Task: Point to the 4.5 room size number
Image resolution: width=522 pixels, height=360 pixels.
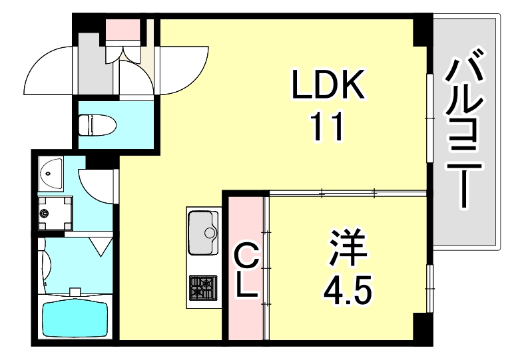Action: click(x=346, y=287)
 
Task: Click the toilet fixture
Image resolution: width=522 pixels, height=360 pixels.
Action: click(x=97, y=124)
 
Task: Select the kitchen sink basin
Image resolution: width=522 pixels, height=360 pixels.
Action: click(x=204, y=232)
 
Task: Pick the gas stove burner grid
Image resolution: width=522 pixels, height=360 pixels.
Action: click(x=202, y=287)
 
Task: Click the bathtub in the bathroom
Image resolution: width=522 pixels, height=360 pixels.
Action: click(x=74, y=317)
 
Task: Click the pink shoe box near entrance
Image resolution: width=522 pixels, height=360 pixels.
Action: click(x=124, y=29)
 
